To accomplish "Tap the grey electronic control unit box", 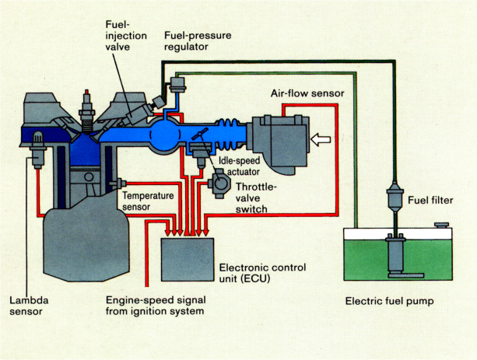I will point(187,258).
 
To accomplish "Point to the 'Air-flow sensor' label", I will point(307,94).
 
